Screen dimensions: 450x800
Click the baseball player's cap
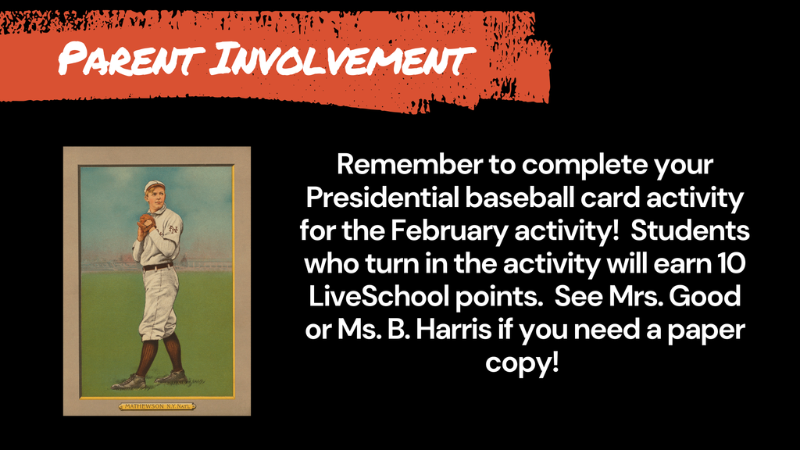(x=154, y=186)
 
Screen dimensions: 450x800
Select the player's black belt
(x=159, y=266)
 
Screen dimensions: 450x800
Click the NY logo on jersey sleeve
(x=173, y=228)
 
